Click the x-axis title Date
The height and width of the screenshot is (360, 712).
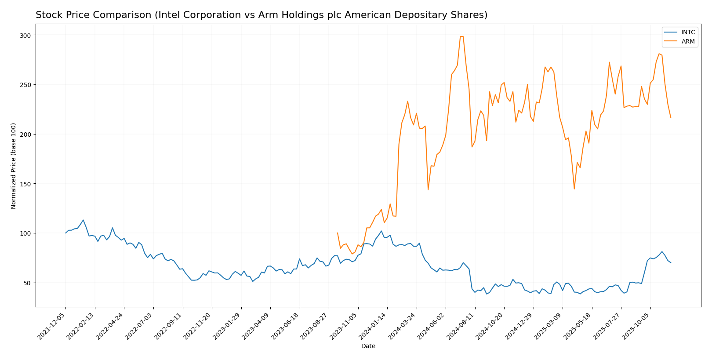368,346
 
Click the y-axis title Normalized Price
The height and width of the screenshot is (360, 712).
14,166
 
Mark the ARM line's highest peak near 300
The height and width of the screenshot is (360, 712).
461,36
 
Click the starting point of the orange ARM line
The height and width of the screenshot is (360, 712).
338,233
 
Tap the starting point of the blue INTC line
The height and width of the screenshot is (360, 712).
66,233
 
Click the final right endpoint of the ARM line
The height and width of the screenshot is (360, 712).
671,117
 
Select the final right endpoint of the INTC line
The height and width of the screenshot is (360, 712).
671,262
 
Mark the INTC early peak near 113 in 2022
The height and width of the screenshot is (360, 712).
83,220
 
